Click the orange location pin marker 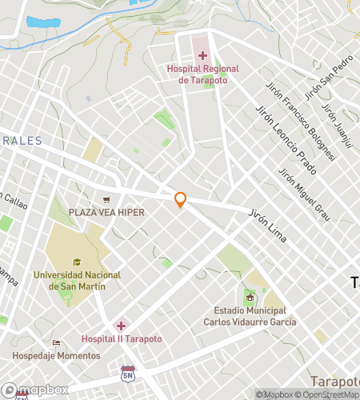[x=181, y=200]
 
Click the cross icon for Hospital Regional [x=202, y=55]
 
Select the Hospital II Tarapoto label [x=122, y=339]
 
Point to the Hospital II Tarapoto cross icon [x=122, y=325]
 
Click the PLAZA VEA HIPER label [x=105, y=212]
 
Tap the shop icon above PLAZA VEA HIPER [x=105, y=200]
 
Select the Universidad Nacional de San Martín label [x=78, y=280]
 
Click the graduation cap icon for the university [x=77, y=262]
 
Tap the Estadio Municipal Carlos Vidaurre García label [x=254, y=316]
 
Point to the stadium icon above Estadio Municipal [x=250, y=298]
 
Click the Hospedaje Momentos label [x=56, y=354]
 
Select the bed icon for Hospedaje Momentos [x=56, y=342]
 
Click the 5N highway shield [x=127, y=374]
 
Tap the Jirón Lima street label [x=268, y=226]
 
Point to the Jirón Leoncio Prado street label [x=286, y=139]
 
